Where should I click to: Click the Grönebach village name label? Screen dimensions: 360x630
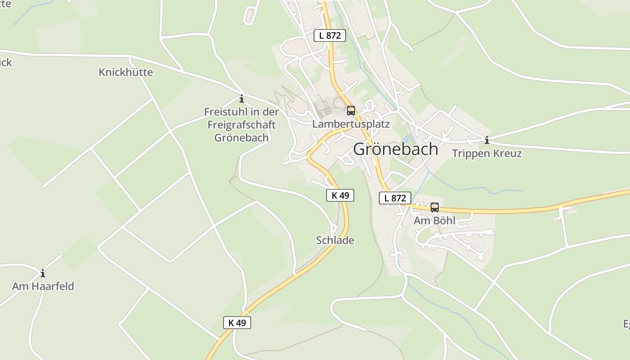(x=395, y=149)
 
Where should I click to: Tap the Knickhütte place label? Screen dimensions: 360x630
(x=126, y=72)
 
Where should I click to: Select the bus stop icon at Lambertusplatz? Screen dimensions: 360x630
(x=351, y=110)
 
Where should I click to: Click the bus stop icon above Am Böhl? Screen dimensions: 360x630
(x=434, y=207)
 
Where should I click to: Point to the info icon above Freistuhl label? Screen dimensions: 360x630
(x=242, y=99)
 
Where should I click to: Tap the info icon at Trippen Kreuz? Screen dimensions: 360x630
(x=486, y=140)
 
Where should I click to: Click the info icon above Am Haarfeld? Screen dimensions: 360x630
(x=43, y=273)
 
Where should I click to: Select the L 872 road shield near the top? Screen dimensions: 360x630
(x=330, y=35)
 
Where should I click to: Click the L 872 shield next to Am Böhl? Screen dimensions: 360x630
(x=395, y=198)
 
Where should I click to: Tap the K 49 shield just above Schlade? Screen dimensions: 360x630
(x=340, y=195)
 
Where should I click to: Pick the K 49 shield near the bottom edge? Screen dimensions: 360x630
(x=237, y=322)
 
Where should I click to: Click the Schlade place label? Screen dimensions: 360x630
(x=335, y=240)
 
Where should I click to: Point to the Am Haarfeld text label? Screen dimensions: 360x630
(x=43, y=286)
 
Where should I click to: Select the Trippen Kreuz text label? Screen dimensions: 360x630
(x=487, y=153)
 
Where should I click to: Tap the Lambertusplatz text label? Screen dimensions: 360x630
(x=351, y=124)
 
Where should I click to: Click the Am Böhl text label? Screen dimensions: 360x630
(x=434, y=220)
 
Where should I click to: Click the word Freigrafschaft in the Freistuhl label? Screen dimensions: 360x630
(x=241, y=125)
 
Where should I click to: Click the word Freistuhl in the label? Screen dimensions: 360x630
(x=224, y=112)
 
